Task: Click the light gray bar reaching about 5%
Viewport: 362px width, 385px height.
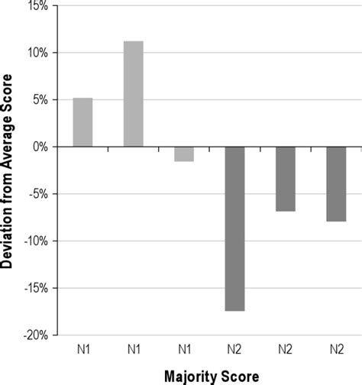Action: click(82, 122)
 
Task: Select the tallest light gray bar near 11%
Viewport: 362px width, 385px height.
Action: click(134, 94)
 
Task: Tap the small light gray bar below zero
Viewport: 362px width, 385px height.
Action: click(184, 154)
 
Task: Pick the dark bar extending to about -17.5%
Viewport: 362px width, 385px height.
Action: click(234, 229)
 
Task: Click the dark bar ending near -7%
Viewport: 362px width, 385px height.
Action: click(286, 179)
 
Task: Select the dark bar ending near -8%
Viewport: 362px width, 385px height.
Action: click(336, 184)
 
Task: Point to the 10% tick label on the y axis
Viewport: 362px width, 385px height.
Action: click(38, 53)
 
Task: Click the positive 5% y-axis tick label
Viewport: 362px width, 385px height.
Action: click(40, 100)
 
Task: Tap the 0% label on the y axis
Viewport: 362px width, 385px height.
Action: click(40, 147)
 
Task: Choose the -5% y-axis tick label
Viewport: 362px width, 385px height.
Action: click(38, 194)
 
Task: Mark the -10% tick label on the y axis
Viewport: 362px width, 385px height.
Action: click(36, 241)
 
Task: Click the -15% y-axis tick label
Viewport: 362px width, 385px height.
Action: click(36, 288)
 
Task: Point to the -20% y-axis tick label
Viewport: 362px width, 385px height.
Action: click(36, 335)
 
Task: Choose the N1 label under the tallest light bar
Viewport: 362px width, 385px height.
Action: click(134, 349)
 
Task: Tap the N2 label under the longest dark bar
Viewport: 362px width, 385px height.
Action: click(234, 349)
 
